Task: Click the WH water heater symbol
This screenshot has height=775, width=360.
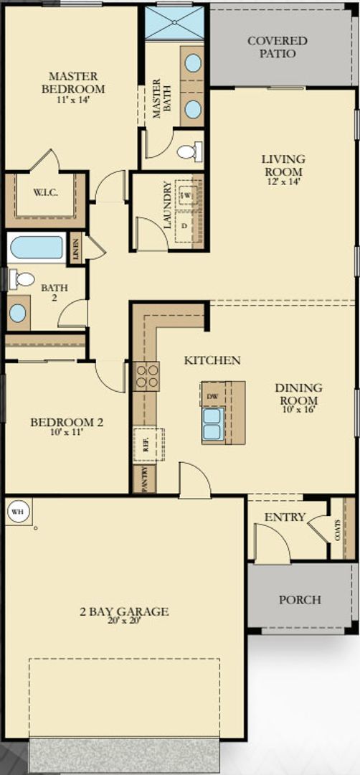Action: (16, 512)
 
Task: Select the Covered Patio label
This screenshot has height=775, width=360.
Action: (277, 47)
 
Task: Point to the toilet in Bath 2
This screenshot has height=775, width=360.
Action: (23, 279)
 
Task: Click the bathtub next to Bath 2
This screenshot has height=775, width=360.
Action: (37, 248)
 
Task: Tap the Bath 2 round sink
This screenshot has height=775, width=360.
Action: (18, 313)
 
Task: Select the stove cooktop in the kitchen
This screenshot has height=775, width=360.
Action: (147, 377)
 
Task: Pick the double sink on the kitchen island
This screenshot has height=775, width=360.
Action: (213, 423)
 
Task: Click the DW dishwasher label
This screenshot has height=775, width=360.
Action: (212, 395)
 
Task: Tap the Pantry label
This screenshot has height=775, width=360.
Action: (144, 480)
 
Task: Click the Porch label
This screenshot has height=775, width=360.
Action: (300, 600)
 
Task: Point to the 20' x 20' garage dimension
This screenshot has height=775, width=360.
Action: (124, 621)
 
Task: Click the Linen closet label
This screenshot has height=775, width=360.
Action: (76, 248)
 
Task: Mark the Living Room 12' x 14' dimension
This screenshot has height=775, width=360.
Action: (283, 182)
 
